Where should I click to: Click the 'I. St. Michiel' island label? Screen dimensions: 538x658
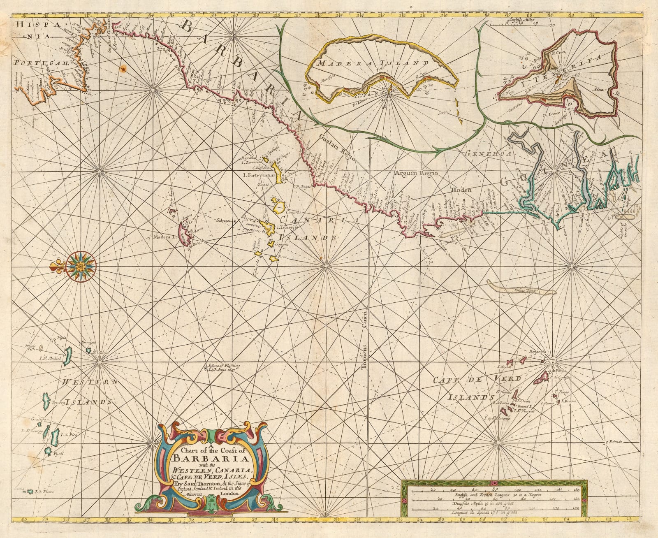[x=50, y=358]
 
